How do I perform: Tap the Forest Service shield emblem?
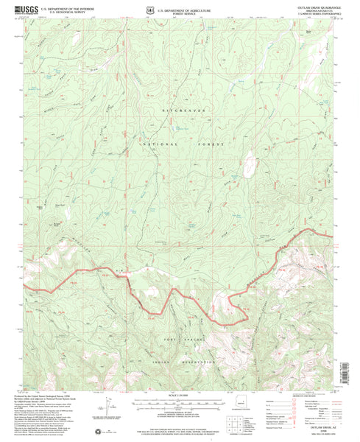tap(149, 10)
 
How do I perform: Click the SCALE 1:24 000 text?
tap(180, 399)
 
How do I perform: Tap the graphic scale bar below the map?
tap(180, 405)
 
